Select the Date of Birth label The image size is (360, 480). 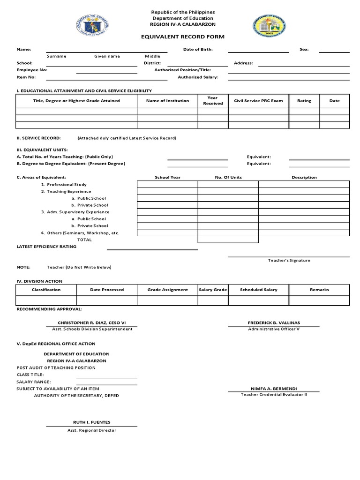198,49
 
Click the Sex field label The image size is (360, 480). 304,49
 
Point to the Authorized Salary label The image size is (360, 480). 198,77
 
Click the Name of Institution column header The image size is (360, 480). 167,101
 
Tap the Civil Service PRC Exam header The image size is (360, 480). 258,101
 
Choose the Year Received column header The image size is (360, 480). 213,101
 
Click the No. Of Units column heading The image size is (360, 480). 228,178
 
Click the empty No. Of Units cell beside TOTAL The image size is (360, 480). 228,240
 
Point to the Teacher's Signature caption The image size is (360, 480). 289,260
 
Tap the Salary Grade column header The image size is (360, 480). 213,290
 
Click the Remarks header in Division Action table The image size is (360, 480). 319,290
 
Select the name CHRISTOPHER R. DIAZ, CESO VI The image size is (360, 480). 91,323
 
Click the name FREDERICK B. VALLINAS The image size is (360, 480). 273,323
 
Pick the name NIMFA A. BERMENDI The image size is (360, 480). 274,389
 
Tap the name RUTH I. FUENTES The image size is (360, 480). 91,422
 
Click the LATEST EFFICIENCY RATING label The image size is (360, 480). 47,246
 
